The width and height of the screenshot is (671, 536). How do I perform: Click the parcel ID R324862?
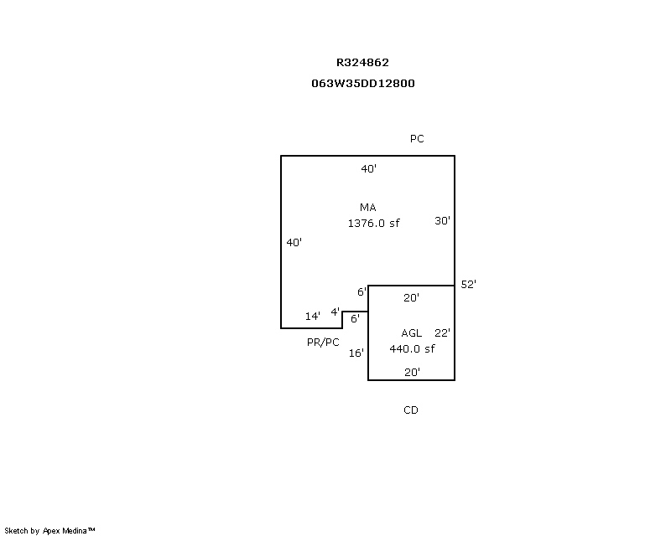pyautogui.click(x=362, y=62)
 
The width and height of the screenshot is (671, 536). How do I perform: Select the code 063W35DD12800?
pyautogui.click(x=362, y=83)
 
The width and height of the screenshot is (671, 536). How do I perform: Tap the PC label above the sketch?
pyautogui.click(x=417, y=139)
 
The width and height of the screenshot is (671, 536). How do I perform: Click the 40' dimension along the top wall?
pyautogui.click(x=369, y=169)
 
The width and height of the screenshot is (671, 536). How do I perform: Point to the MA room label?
pyautogui.click(x=368, y=208)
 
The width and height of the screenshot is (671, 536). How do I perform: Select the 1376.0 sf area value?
pyautogui.click(x=373, y=224)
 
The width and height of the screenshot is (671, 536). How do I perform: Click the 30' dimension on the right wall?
pyautogui.click(x=443, y=221)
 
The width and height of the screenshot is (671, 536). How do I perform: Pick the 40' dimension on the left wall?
pyautogui.click(x=294, y=242)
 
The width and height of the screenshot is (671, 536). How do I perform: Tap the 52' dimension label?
pyautogui.click(x=469, y=285)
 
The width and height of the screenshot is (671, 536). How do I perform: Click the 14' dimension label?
pyautogui.click(x=313, y=316)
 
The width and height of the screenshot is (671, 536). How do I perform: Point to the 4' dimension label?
pyautogui.click(x=335, y=312)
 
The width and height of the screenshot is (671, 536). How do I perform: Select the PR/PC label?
pyautogui.click(x=323, y=342)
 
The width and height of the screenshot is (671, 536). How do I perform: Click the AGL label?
pyautogui.click(x=411, y=333)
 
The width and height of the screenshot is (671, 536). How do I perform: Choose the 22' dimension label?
pyautogui.click(x=443, y=333)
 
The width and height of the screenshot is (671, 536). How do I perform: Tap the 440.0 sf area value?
pyautogui.click(x=412, y=349)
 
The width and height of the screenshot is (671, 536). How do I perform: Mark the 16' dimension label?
pyautogui.click(x=356, y=353)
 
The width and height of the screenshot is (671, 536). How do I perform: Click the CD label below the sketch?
pyautogui.click(x=411, y=410)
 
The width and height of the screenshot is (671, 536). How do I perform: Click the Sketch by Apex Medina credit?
pyautogui.click(x=50, y=530)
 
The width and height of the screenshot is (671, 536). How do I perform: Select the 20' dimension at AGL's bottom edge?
pyautogui.click(x=412, y=373)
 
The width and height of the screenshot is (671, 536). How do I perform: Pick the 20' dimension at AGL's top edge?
pyautogui.click(x=412, y=297)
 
